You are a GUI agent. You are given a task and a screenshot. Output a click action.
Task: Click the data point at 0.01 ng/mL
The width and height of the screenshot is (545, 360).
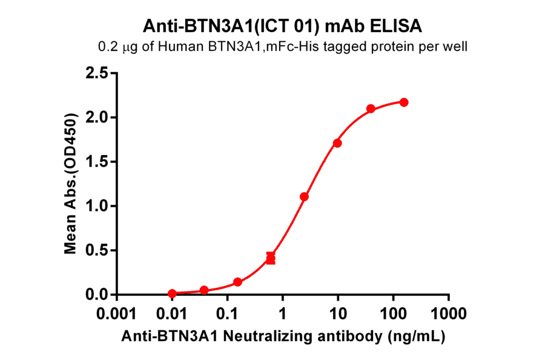pos(173,293)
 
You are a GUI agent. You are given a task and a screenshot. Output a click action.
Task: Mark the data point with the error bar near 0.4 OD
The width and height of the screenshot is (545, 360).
pos(271,259)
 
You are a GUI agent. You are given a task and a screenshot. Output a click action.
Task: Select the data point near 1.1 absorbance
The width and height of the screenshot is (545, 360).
pos(304,197)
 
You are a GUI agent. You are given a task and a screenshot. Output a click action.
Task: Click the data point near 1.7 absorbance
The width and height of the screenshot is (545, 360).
pos(337,143)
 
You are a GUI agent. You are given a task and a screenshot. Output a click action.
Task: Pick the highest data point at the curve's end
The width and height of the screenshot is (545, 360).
pos(404,102)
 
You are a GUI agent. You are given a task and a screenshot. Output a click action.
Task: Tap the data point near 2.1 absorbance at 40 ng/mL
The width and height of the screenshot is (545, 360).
pos(371,109)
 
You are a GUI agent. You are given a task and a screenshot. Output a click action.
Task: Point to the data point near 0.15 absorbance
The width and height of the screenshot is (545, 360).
pos(237,282)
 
